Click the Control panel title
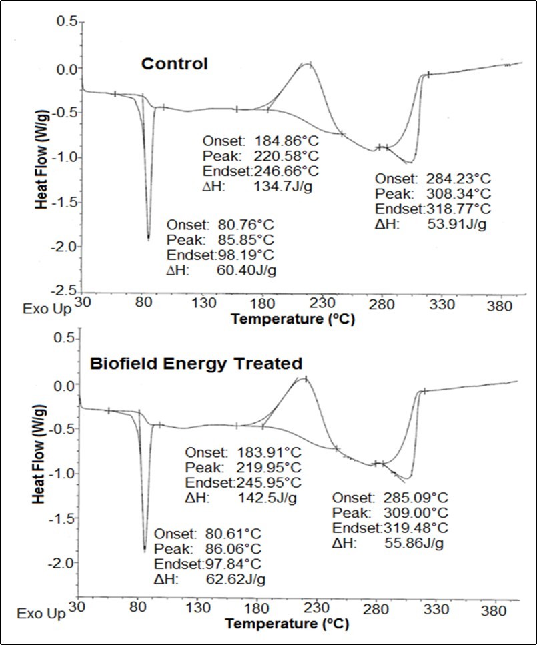pos(174,64)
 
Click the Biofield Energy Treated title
pos(196,364)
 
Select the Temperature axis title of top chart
pos(293,319)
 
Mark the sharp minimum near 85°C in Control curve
pos(148,238)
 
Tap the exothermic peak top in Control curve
pos(309,64)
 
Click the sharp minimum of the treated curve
pos(145,550)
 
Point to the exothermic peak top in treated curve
pos(305,378)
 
